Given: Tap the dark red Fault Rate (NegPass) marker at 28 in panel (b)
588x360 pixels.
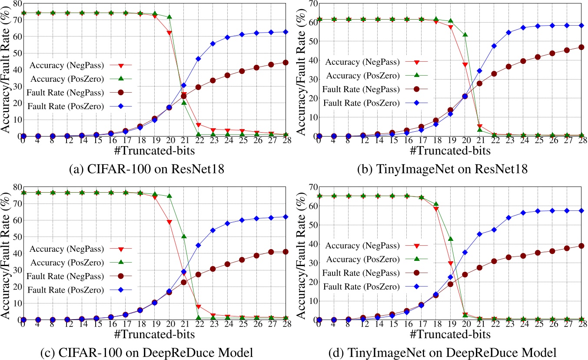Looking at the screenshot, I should (581, 47).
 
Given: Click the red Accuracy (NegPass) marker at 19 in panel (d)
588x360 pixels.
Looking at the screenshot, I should (451, 263).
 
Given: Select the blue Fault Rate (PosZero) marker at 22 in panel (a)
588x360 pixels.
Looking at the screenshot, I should (198, 58).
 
